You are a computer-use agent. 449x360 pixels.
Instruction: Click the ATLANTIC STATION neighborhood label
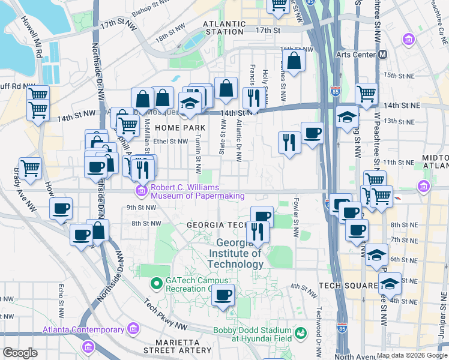point(224,28)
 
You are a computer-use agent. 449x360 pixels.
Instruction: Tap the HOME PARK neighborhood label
point(180,128)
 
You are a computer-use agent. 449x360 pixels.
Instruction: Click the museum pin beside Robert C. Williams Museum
point(141,191)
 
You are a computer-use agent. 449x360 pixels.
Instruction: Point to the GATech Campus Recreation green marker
point(156,281)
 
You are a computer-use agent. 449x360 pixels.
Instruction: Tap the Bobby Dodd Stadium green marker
point(302,332)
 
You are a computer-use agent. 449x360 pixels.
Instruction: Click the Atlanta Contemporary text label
point(83,329)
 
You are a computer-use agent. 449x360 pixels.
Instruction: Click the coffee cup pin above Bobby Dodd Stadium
point(223,295)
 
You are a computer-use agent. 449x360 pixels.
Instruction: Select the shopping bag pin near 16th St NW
point(293,61)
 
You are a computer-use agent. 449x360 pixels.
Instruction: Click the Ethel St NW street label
point(170,142)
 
